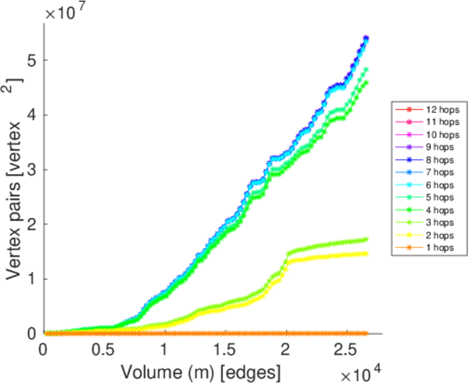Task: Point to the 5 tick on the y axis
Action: point(31,60)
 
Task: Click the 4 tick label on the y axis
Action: point(31,115)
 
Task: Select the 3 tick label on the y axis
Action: point(31,170)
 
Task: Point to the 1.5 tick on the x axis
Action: point(225,350)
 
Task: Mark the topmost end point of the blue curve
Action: point(366,38)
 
